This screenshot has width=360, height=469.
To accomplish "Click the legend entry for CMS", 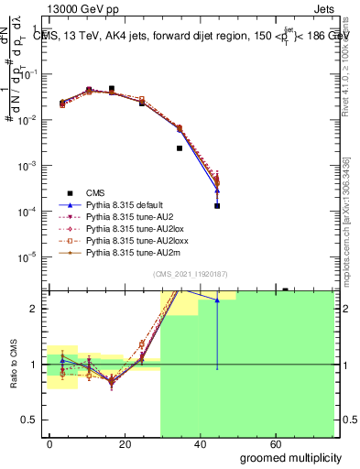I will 95,192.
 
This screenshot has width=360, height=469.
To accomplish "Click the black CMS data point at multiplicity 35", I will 180,147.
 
